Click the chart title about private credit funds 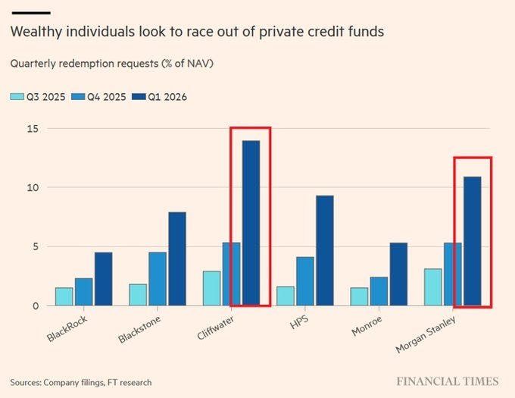coord(197,33)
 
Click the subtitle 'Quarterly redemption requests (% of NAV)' coord(111,64)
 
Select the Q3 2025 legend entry coord(38,96)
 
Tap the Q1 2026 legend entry coord(159,96)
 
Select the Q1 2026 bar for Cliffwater coord(250,223)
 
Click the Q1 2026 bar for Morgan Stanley coord(472,241)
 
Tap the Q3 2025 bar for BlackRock coord(64,296)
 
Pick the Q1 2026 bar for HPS coord(324,250)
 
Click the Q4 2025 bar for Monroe coord(379,291)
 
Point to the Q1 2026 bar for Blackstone coord(176,259)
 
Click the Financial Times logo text coord(448,381)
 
